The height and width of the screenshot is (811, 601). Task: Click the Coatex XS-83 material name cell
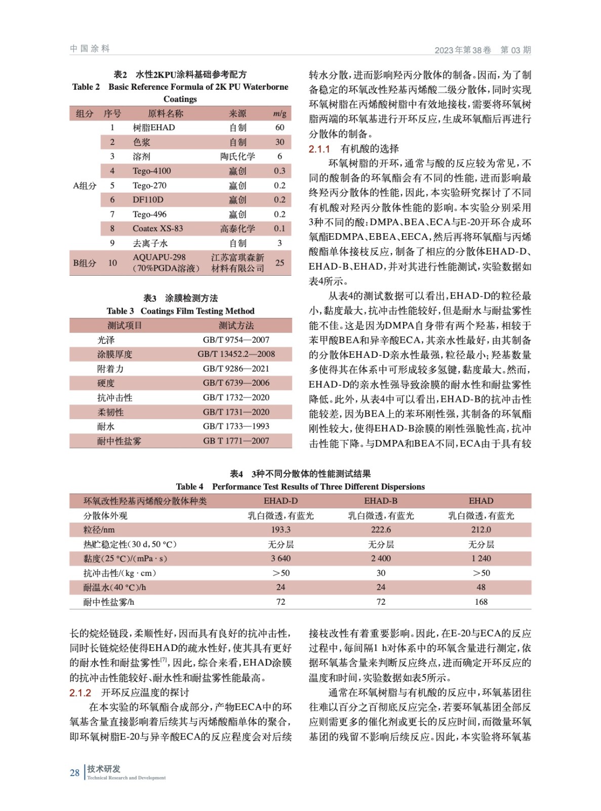click(157, 229)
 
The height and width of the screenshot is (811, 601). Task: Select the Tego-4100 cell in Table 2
click(151, 171)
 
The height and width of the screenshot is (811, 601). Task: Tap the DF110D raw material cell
click(148, 200)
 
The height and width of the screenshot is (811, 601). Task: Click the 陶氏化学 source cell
click(237, 156)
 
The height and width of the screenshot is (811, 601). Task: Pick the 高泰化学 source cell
click(237, 229)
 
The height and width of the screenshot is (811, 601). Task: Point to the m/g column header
click(279, 114)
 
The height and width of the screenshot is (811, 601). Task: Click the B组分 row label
click(85, 263)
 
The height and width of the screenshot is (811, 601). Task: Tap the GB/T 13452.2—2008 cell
click(236, 354)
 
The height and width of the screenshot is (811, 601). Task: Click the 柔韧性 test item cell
click(110, 412)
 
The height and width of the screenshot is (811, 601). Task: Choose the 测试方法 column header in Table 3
click(236, 325)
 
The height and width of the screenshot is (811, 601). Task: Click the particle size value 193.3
click(281, 530)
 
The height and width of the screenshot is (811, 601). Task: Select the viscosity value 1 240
click(480, 559)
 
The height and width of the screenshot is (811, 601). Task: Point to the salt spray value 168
click(480, 602)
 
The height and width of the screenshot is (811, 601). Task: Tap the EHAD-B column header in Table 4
click(381, 501)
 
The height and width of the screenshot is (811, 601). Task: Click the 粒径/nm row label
click(99, 530)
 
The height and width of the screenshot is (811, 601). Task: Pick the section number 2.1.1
click(319, 149)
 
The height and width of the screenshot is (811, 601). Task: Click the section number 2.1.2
click(81, 693)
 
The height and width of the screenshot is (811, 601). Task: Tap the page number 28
click(74, 773)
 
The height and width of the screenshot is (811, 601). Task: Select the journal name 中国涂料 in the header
click(90, 49)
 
